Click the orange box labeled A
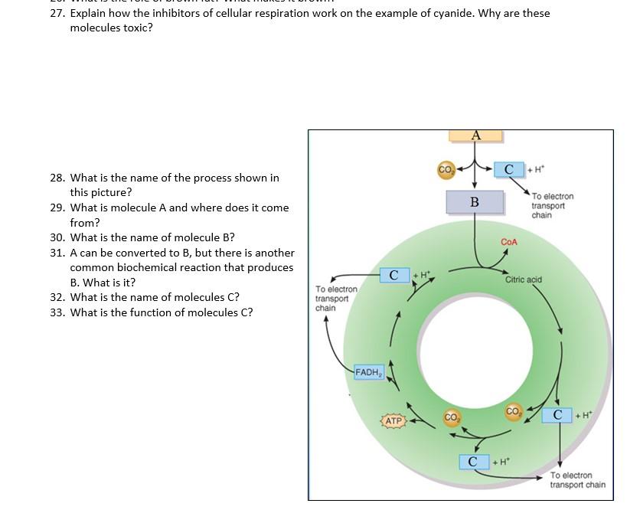[475, 136]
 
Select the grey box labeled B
[475, 202]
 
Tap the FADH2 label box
[368, 372]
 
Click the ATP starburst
[393, 421]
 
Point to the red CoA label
[509, 242]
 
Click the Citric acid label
[524, 279]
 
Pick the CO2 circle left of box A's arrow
[445, 169]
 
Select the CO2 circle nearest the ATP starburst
[452, 417]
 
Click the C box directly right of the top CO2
[508, 169]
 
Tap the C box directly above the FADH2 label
[393, 275]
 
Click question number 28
[57, 178]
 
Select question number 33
[57, 312]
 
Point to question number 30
[57, 237]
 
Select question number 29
[57, 208]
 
